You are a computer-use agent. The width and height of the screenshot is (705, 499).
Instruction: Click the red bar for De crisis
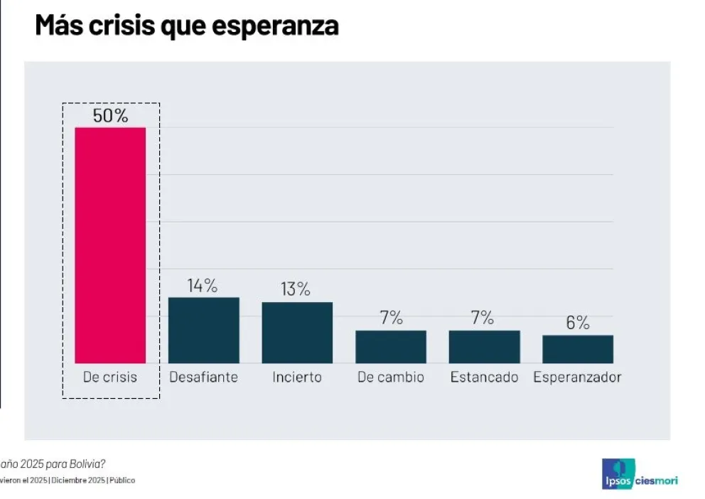point(110,245)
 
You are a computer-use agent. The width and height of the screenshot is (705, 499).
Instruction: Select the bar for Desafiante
point(203,331)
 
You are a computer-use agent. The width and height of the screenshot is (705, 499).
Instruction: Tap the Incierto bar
point(297,333)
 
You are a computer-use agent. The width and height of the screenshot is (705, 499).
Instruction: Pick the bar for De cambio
point(391,347)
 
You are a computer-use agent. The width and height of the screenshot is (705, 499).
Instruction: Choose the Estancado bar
point(484,347)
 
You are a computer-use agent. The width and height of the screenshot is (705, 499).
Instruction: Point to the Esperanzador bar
point(578,349)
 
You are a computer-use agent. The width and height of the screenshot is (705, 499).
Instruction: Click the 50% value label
point(110,116)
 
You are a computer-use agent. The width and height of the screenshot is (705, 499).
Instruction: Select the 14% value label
point(203,286)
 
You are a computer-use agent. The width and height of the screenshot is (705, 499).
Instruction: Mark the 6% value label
point(578,323)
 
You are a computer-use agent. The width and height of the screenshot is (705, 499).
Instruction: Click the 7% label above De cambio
point(391,318)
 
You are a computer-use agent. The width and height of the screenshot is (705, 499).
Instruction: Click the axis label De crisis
point(110,377)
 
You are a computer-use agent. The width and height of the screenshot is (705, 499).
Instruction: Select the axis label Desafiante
point(203,377)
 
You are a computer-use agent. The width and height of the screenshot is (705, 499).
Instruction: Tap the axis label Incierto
point(297,377)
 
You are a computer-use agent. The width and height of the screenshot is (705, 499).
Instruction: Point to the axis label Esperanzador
point(577,377)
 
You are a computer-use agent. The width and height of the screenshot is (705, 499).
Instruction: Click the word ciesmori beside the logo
point(655,481)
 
